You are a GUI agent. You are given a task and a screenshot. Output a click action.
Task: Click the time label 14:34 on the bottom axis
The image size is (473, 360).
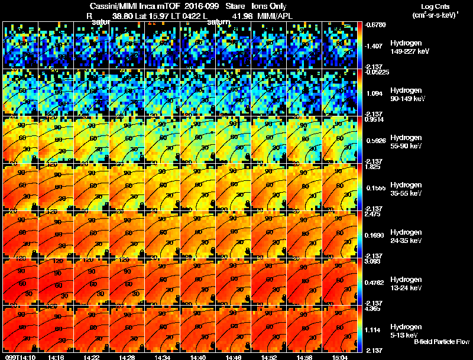pyautogui.click(x=161, y=357)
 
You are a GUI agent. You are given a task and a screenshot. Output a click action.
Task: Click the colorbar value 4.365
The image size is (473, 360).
pyautogui.click(x=374, y=309)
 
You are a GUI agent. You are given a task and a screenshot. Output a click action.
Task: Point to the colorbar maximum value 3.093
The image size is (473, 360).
pyautogui.click(x=374, y=261)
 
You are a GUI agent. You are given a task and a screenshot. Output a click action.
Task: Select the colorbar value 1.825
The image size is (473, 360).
pyautogui.click(x=374, y=167)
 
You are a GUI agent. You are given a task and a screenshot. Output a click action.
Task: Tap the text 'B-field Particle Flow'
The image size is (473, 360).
pyautogui.click(x=442, y=341)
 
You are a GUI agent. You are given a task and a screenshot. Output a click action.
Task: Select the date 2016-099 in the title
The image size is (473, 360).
pyautogui.click(x=197, y=7)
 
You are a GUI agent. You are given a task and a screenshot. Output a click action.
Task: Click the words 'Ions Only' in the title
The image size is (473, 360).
pyautogui.click(x=269, y=7)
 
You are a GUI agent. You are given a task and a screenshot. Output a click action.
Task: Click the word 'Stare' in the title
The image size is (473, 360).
pyautogui.click(x=236, y=7)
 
